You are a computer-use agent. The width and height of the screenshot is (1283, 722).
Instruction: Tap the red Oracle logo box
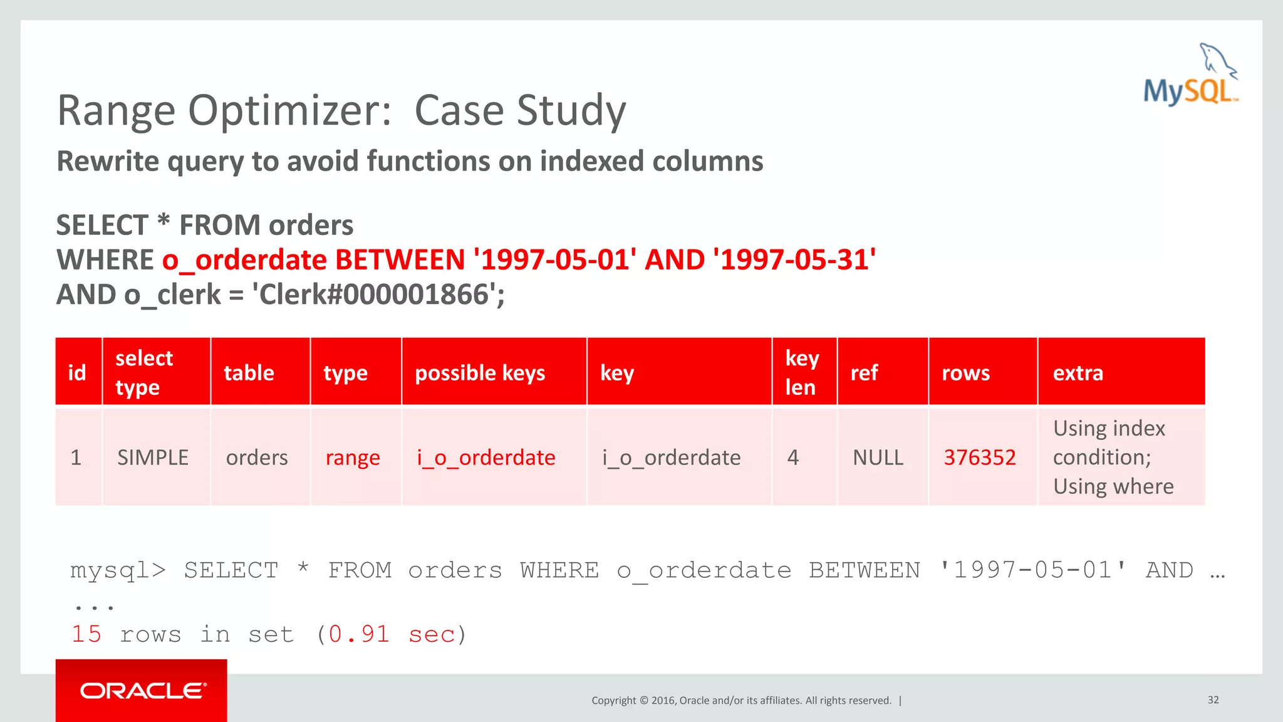tap(141, 690)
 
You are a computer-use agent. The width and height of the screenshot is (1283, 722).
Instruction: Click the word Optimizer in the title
tap(289, 110)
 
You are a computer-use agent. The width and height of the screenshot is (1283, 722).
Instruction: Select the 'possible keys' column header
tap(480, 373)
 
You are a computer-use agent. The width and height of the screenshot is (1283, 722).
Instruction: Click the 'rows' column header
tap(965, 373)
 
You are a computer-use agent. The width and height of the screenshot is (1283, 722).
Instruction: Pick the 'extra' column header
tap(1078, 373)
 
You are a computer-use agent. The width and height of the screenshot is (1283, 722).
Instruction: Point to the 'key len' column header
tap(802, 373)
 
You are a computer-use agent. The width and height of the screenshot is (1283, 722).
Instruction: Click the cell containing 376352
tap(979, 458)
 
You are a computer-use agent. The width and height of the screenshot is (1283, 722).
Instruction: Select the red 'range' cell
tap(353, 458)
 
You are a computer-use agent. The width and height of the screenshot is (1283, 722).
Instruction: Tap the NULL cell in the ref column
tap(878, 458)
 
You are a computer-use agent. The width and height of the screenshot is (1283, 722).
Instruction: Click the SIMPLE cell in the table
tap(153, 458)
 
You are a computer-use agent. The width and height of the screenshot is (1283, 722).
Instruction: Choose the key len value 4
tap(793, 458)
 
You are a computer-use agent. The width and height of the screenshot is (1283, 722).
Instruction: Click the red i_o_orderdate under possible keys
tap(486, 458)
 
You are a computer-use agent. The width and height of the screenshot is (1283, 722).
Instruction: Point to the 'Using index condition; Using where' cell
tap(1113, 458)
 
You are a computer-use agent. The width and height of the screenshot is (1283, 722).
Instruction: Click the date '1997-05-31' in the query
tap(794, 259)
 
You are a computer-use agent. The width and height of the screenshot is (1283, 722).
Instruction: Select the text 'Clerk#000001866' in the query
tap(373, 295)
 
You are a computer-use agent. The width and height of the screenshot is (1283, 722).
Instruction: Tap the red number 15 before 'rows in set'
tap(86, 634)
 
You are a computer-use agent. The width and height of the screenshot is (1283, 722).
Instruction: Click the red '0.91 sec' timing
tap(392, 634)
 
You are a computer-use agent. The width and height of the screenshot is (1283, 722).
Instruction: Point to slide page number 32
tap(1213, 700)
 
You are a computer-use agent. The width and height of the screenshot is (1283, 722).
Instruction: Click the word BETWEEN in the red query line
tap(400, 259)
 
